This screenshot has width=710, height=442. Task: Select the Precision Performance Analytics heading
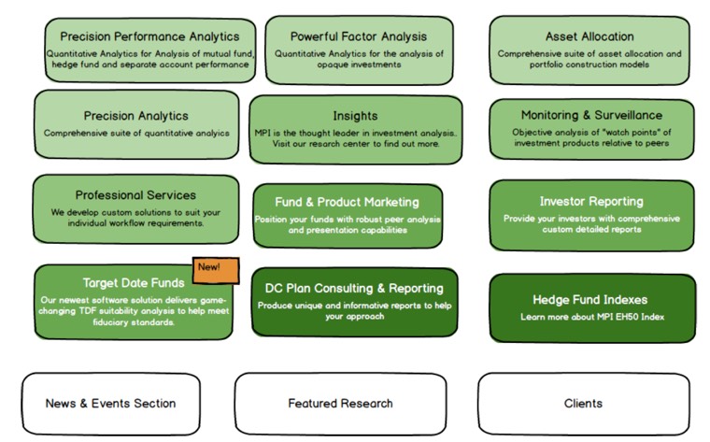[x=149, y=36]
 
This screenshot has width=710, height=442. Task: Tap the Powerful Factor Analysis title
[x=358, y=36]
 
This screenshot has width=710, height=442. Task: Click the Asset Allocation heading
[x=589, y=36]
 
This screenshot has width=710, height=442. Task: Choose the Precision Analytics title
[x=135, y=116]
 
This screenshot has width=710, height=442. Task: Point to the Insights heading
[x=355, y=116]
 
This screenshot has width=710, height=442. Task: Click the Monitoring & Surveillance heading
[x=591, y=115]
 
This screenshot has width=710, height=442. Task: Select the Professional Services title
[x=135, y=195]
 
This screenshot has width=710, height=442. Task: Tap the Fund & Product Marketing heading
[x=347, y=202]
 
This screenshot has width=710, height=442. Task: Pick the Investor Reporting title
[x=591, y=201]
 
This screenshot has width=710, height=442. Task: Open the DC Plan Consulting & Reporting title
[x=354, y=288]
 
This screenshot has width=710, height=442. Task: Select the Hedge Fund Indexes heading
[x=590, y=300]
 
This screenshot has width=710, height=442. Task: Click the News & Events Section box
[x=110, y=404]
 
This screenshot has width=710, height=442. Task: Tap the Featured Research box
[x=340, y=404]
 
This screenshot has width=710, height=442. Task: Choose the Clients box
[x=583, y=404]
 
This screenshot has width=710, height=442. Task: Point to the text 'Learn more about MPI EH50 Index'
[x=592, y=318]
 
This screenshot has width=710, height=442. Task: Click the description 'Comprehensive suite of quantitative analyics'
[x=136, y=133]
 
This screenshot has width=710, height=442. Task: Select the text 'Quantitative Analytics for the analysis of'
[x=359, y=53]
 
